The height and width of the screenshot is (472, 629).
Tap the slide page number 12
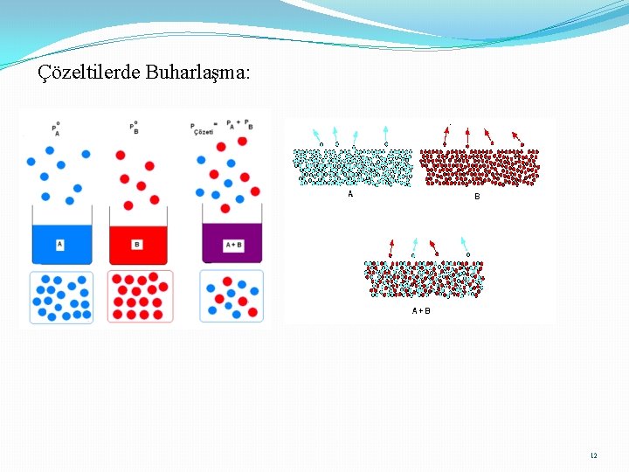(x=594, y=455)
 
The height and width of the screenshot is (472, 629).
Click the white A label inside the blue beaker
(x=60, y=245)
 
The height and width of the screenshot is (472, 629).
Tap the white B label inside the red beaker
(x=137, y=244)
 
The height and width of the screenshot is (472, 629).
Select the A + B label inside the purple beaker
(x=233, y=246)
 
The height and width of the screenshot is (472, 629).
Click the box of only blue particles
(x=61, y=297)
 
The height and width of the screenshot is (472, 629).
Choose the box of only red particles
(x=140, y=297)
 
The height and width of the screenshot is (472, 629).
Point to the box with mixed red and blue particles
(x=232, y=296)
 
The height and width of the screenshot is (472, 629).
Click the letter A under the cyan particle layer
(x=351, y=194)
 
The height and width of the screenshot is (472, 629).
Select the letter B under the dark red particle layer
(x=477, y=197)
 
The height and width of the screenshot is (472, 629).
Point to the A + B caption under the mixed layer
(x=421, y=310)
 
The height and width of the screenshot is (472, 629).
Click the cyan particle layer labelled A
(x=353, y=167)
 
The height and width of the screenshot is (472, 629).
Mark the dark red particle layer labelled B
(x=480, y=167)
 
